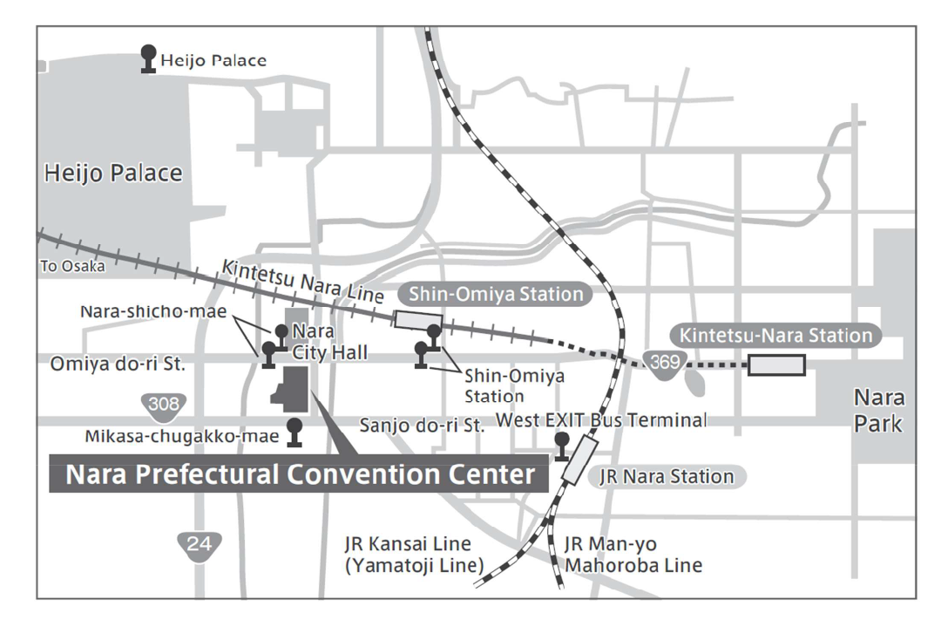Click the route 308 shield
click(164, 405)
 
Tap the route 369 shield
click(664, 364)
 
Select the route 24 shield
click(200, 546)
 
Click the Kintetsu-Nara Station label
click(775, 335)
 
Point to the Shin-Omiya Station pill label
click(496, 295)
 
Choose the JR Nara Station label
click(667, 476)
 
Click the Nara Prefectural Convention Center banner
click(299, 474)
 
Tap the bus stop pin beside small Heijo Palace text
click(148, 59)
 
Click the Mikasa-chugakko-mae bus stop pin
click(294, 433)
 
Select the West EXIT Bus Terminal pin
click(562, 446)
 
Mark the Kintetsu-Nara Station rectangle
click(776, 365)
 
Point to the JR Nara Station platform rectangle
click(579, 460)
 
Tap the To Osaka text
click(72, 266)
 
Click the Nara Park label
click(878, 411)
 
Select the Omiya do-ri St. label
click(118, 365)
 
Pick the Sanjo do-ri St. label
click(422, 426)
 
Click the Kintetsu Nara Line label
click(303, 281)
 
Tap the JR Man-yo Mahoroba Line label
click(633, 555)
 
